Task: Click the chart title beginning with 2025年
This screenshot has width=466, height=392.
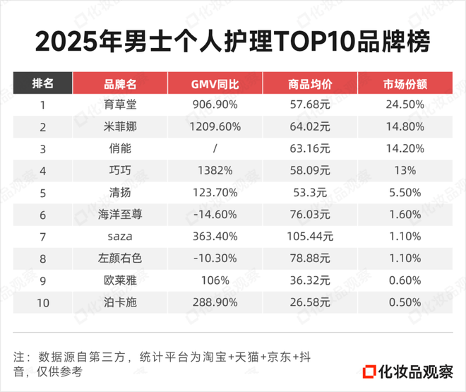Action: coord(232,41)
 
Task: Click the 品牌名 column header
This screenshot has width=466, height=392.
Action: coord(120,84)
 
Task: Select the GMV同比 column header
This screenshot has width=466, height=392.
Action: coord(215,84)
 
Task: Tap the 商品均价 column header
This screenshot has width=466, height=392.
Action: coord(311,84)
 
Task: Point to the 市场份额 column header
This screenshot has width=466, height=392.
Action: coord(405,84)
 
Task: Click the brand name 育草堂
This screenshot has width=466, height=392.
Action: coord(120,105)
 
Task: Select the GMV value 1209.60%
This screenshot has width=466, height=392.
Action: coord(215,127)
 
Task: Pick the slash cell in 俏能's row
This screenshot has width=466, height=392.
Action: coord(215,149)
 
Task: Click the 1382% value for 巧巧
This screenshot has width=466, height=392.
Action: coord(215,171)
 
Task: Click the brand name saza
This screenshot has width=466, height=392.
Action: coord(120,237)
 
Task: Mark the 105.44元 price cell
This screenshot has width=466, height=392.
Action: coord(311,237)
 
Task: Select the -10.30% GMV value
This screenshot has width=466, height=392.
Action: coord(215,259)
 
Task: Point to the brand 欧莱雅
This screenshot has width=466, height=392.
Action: coord(120,280)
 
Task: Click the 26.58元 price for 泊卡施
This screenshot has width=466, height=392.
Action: coord(311,302)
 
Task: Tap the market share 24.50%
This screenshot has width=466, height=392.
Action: coord(405,105)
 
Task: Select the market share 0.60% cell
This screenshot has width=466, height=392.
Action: coord(405,280)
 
